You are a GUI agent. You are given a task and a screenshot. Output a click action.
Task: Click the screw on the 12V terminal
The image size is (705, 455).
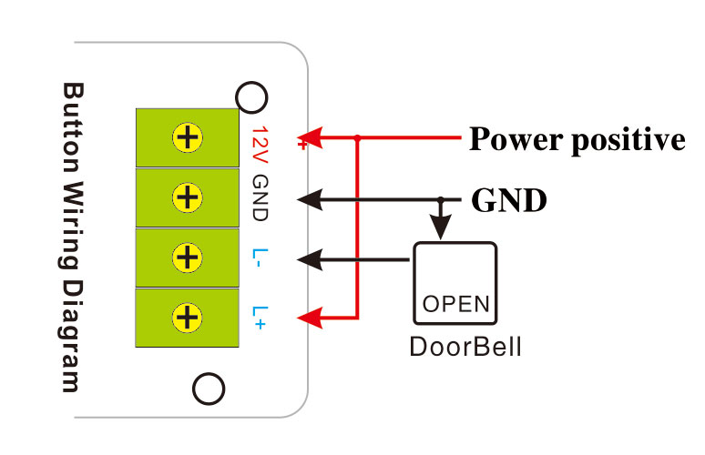click(188, 138)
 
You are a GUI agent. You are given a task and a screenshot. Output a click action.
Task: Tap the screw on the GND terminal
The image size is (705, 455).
click(188, 197)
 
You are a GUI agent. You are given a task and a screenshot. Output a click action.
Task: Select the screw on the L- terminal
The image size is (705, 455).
click(188, 258)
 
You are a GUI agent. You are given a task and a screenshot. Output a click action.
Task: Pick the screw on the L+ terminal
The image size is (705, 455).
click(188, 317)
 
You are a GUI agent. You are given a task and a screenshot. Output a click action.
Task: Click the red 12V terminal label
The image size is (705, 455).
click(259, 139)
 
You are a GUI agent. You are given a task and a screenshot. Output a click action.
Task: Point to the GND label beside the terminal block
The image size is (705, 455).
click(259, 197)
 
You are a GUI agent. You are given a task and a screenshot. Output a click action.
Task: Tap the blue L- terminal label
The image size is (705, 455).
click(259, 258)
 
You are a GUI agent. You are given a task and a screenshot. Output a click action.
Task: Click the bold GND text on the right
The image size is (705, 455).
click(508, 200)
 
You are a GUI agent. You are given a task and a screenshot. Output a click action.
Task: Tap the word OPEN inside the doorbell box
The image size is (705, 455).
click(455, 302)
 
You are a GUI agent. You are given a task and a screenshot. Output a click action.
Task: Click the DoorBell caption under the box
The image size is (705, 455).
click(465, 348)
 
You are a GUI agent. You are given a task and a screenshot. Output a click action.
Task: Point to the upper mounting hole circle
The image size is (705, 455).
click(250, 96)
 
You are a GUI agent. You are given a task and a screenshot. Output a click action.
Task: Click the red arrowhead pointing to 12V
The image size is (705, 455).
click(311, 138)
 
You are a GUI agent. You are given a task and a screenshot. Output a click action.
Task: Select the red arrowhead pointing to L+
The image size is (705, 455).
click(311, 318)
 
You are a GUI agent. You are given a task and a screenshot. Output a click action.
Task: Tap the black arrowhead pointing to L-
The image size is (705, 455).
click(311, 258)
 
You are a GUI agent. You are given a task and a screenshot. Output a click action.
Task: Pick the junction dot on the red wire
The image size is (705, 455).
click(357, 138)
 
